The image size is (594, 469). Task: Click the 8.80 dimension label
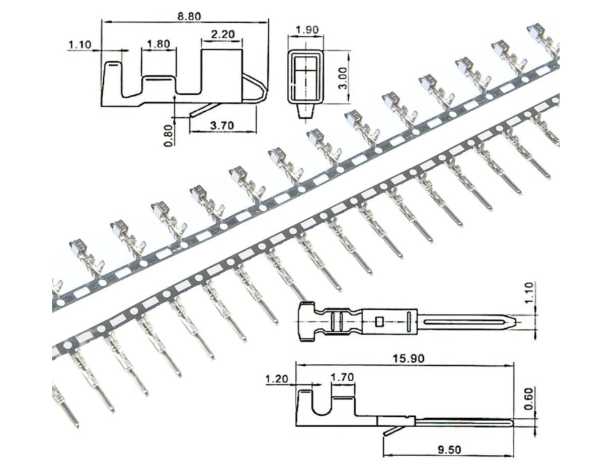[x=189, y=17]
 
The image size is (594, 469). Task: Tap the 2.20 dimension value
[x=223, y=34]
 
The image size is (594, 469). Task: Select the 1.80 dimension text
[x=158, y=44]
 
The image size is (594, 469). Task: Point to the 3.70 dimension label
[x=222, y=125]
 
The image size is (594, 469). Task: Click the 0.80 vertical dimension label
[x=170, y=135]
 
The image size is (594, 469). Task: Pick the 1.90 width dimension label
[x=307, y=30]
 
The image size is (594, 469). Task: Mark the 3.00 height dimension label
[x=342, y=78]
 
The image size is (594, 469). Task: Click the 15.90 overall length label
[x=408, y=358]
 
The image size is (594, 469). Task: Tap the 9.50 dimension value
[x=449, y=450]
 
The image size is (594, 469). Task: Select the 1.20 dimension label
[x=276, y=379]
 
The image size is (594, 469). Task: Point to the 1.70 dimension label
[x=342, y=377]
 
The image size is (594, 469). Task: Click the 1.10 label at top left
[x=80, y=45]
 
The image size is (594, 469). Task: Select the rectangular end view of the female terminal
[x=307, y=77]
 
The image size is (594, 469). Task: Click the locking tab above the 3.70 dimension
[x=203, y=109]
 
